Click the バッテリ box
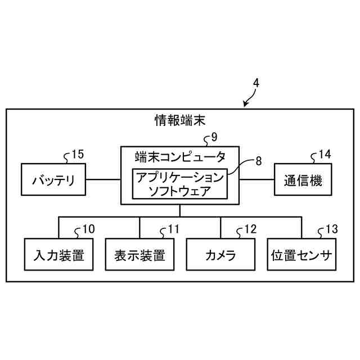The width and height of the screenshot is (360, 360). pos(53,180)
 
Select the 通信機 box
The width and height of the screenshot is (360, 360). pos(303,180)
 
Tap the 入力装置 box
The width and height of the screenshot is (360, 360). pos(58,255)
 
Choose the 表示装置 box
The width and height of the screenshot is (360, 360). pos(139,255)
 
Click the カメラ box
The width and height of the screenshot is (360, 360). pos(220,255)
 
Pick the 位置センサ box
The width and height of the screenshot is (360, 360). pos(301,255)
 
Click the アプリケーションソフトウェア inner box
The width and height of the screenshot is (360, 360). pos(179,184)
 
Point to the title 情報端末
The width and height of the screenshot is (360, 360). pos(180,120)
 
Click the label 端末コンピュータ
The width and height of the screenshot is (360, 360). pos(180,156)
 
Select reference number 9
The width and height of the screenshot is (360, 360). pos(214,137)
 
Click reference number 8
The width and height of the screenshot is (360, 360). pos(258,161)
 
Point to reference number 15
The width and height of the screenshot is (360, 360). pos(77,154)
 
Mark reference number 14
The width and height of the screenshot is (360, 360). pos(325,154)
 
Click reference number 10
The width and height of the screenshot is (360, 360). pos(88,229)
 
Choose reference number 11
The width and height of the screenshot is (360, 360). pos(172,229)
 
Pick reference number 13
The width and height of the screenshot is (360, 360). pos(331,229)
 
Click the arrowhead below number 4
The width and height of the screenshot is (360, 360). pos(246,104)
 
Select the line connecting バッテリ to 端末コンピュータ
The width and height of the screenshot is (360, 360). pos(103,180)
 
